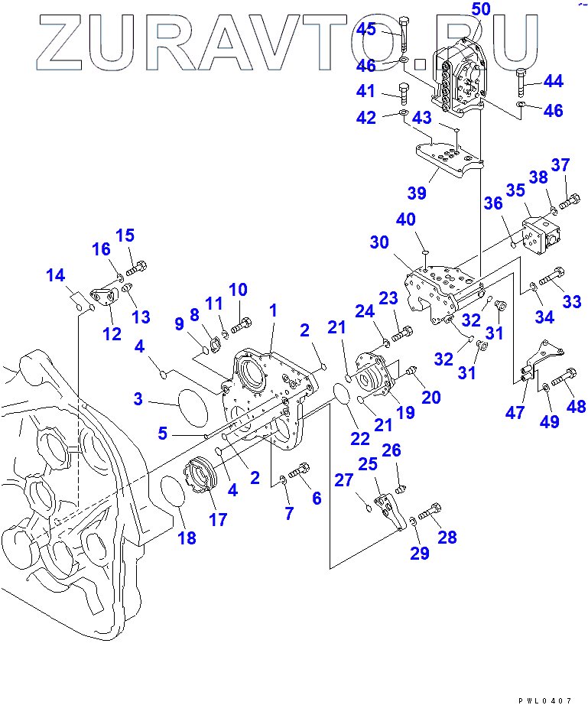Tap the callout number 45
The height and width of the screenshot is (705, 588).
tap(366, 29)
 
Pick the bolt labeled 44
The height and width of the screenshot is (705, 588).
tap(522, 81)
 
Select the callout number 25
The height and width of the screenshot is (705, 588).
tap(369, 464)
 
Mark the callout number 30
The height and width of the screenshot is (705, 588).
tap(379, 242)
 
